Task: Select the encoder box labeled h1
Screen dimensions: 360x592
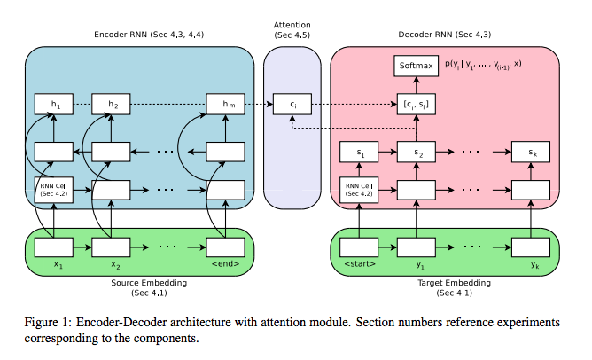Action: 55,105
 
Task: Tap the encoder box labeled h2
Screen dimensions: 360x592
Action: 112,105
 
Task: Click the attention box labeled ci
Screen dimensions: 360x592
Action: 292,105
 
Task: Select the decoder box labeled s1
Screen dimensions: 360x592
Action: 360,153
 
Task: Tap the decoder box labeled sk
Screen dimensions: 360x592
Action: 531,153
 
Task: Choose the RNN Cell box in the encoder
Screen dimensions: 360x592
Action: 55,189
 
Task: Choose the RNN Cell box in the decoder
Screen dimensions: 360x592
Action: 360,189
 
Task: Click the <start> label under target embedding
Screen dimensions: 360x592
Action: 360,264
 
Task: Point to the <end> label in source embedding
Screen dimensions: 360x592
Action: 225,264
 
